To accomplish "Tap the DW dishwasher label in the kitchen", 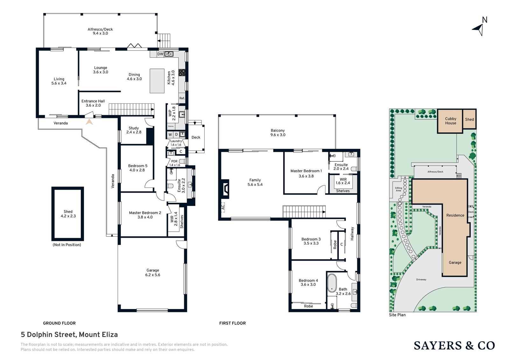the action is tap(160, 54).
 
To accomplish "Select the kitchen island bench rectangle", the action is tap(157, 81).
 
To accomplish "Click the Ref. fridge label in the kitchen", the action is tap(182, 98).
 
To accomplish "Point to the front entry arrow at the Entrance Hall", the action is tap(89, 122).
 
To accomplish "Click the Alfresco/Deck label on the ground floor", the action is tap(100, 31).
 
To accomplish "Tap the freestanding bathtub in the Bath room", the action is tap(332, 283).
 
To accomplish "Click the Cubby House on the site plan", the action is tap(450, 121).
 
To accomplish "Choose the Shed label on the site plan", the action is tap(470, 119).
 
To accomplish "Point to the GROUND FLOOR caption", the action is tap(59, 323).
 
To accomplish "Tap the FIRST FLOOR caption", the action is tap(233, 323).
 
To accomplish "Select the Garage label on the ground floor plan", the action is tap(153, 272).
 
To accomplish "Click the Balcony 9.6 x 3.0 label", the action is tap(278, 133).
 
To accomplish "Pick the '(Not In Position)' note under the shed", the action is tap(67, 245).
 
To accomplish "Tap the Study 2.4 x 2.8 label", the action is tap(134, 130).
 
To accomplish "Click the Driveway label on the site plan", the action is tap(421, 279).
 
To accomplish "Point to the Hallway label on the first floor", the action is tap(352, 234).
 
